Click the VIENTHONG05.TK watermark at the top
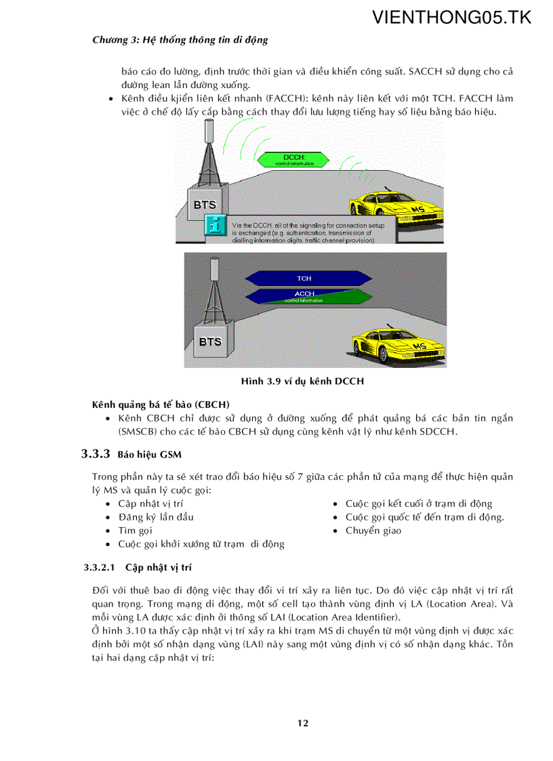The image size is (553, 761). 452,18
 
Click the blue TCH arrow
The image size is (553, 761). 304,279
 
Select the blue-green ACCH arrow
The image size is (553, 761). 304,295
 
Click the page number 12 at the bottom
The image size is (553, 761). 303,723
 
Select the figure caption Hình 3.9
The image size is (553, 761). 302,382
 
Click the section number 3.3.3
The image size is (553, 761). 96,454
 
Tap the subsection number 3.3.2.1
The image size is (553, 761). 100,567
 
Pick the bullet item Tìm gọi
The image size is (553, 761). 136,531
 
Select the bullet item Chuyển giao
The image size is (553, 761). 373,531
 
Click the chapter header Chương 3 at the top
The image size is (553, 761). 180,40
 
